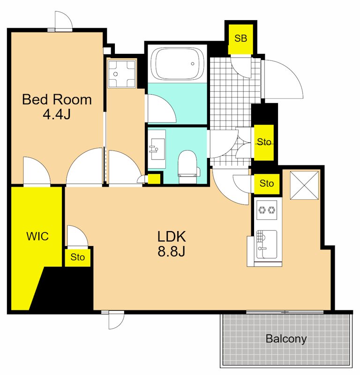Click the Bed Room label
point(57,99)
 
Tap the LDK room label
point(172,237)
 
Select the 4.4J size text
point(57,114)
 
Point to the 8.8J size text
point(171,251)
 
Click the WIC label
point(37,236)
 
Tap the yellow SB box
point(240,39)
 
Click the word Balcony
point(286,339)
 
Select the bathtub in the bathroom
point(177,64)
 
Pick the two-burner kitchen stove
point(267,210)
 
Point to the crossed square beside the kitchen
point(304,185)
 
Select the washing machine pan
point(121,74)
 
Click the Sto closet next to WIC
point(77,257)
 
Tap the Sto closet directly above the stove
point(266,184)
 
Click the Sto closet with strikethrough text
point(264,142)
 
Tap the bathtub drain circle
point(193,64)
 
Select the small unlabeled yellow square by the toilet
point(154,179)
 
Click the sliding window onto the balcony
point(285,312)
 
